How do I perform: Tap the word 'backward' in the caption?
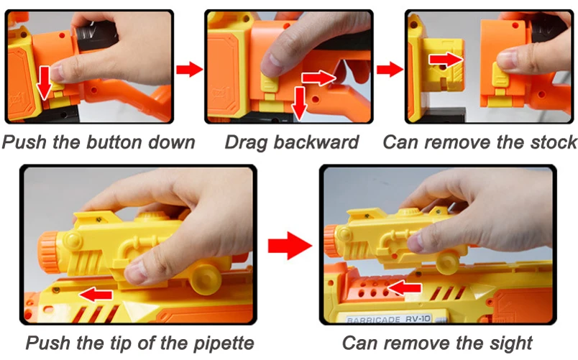[x=316, y=142]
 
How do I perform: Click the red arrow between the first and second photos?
[x=190, y=69]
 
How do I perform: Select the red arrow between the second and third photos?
[x=390, y=69]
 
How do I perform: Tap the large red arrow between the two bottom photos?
[x=290, y=246]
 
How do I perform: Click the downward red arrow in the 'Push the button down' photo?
[x=45, y=83]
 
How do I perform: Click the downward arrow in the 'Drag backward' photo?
[x=299, y=103]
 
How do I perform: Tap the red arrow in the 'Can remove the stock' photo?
[x=445, y=60]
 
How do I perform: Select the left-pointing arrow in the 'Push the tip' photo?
[x=96, y=295]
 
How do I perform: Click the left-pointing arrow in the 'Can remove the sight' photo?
[x=404, y=287]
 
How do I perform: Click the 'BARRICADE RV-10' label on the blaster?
[x=388, y=319]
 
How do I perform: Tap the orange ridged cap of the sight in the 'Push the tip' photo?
[x=48, y=252]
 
